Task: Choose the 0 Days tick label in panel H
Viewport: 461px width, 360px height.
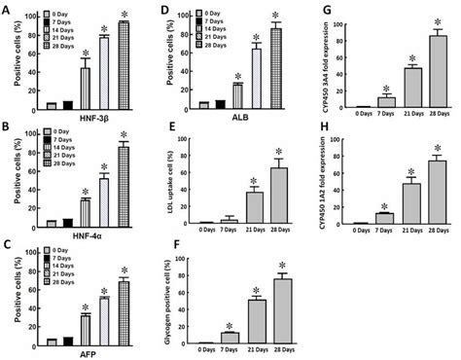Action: click(341, 234)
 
